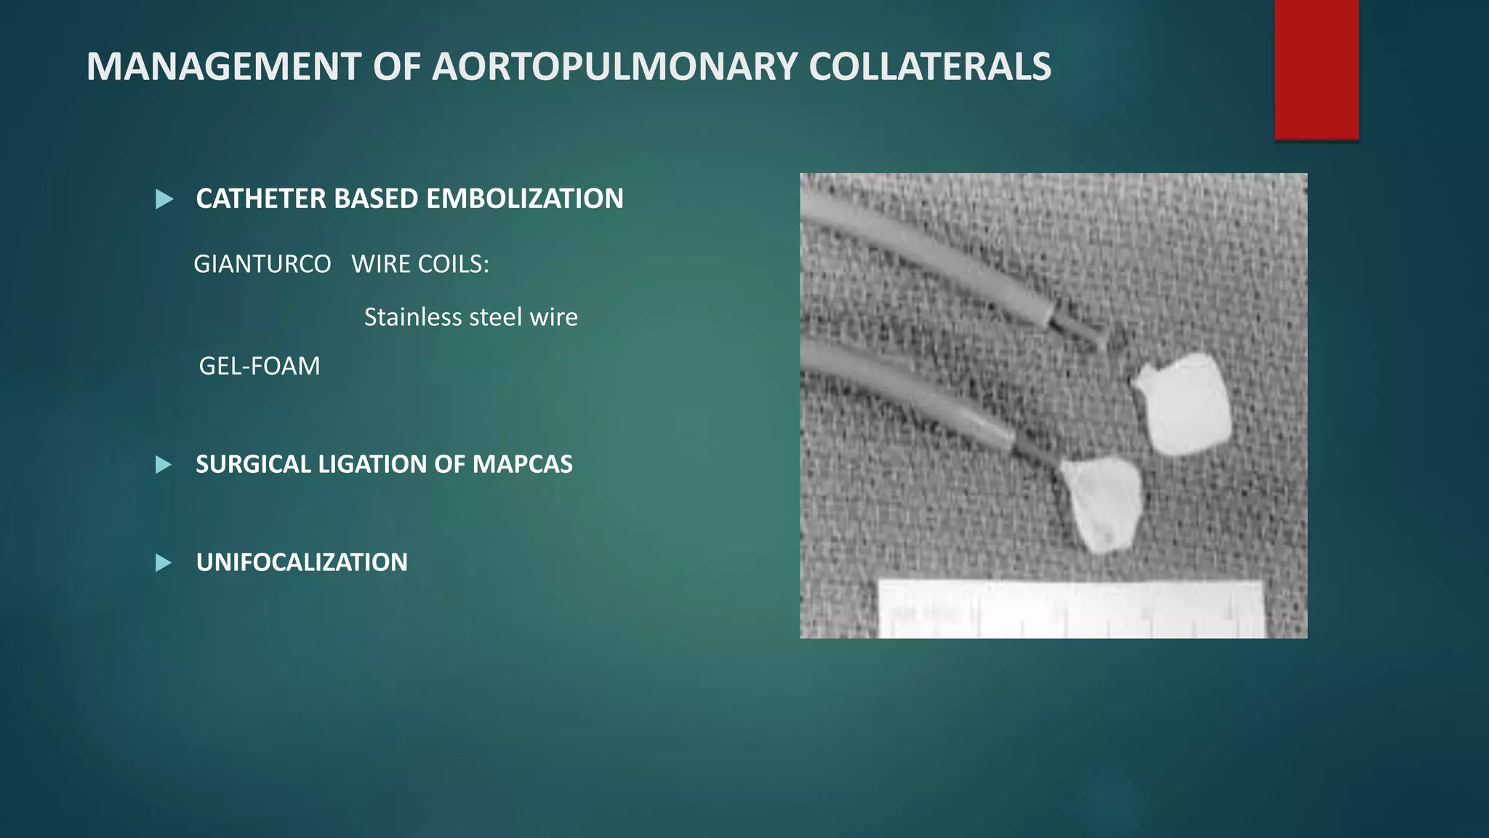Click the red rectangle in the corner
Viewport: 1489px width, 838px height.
1316,69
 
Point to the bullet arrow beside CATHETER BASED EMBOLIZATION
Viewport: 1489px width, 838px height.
164,199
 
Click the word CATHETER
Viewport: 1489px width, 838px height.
261,199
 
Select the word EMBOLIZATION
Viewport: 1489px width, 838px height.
524,199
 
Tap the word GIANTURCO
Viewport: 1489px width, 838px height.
262,264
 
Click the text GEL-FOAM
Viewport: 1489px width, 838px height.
260,366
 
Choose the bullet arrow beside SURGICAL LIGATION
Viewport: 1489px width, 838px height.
164,465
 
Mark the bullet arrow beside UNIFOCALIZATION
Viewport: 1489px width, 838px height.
164,563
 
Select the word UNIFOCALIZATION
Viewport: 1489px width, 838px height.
302,562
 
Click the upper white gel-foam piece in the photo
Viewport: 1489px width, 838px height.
1183,404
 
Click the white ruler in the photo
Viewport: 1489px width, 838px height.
1069,610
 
